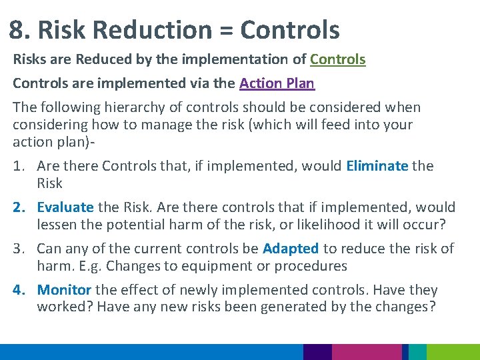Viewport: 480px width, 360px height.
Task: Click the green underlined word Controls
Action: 337,59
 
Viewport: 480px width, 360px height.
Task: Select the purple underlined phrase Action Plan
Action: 277,83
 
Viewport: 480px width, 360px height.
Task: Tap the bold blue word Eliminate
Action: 377,166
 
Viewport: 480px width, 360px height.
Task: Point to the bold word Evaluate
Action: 65,207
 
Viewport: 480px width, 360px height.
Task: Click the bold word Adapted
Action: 291,249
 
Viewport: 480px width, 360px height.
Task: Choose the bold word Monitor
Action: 64,290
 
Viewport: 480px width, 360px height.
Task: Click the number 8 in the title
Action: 17,30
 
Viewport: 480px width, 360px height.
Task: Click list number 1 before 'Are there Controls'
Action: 20,166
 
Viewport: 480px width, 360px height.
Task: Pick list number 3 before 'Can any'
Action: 20,249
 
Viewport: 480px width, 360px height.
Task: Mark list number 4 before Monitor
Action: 20,290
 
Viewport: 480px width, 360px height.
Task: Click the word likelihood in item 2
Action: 323,225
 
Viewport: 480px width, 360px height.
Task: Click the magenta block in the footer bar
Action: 367,352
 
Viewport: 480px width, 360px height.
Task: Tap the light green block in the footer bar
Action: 453,352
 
